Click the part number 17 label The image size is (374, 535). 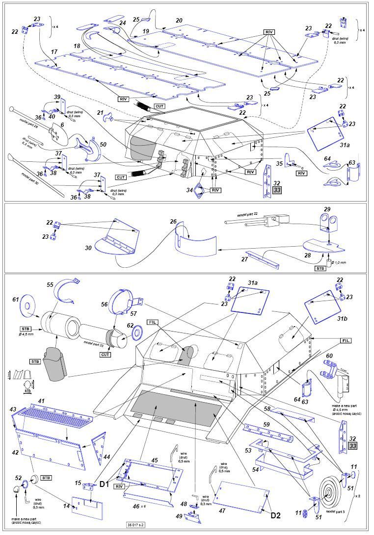pos(54,51)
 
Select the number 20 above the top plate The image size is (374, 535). pos(179,21)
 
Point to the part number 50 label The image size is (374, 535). pos(103,145)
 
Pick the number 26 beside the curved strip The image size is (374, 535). pos(173,222)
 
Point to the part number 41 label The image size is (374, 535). pos(41,401)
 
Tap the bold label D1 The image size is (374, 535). pos(104,484)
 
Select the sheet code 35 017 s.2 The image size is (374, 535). pos(136,525)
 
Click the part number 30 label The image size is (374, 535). pos(88,248)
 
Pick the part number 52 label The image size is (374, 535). pos(19,478)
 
